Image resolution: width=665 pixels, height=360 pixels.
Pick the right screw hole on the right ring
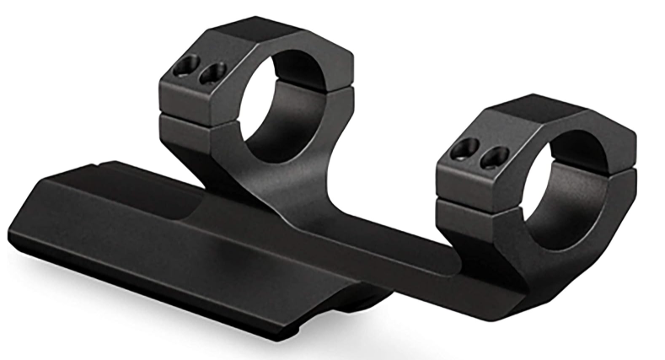(494, 156)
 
